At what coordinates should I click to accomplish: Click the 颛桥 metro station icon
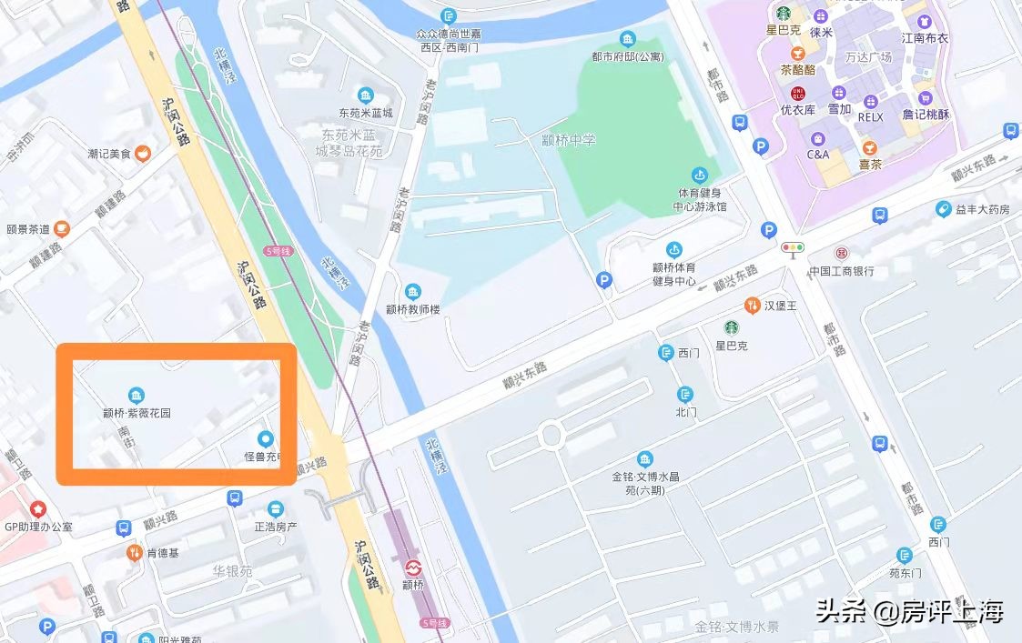click(x=413, y=566)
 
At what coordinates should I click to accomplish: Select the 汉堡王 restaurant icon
click(x=752, y=305)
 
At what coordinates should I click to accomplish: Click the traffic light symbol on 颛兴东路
click(x=793, y=247)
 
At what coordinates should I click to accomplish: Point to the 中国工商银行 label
click(x=841, y=270)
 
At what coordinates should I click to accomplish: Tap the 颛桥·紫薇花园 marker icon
click(x=137, y=395)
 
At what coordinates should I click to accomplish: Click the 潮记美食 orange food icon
click(x=143, y=154)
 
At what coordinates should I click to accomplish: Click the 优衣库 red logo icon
click(x=798, y=93)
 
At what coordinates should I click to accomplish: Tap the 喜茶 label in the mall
click(x=870, y=165)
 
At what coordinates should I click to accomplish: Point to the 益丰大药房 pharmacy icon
click(x=944, y=209)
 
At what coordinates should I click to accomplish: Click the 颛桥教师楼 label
click(x=412, y=309)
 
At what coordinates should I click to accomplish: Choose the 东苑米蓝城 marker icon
click(x=366, y=95)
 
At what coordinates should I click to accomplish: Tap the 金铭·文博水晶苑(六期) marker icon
click(x=645, y=458)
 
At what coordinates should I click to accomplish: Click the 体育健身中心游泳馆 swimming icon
click(x=699, y=175)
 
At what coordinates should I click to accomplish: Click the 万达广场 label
click(x=868, y=56)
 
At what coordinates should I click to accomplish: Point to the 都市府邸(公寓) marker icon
click(x=627, y=38)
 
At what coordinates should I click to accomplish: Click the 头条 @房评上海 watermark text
click(x=909, y=611)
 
